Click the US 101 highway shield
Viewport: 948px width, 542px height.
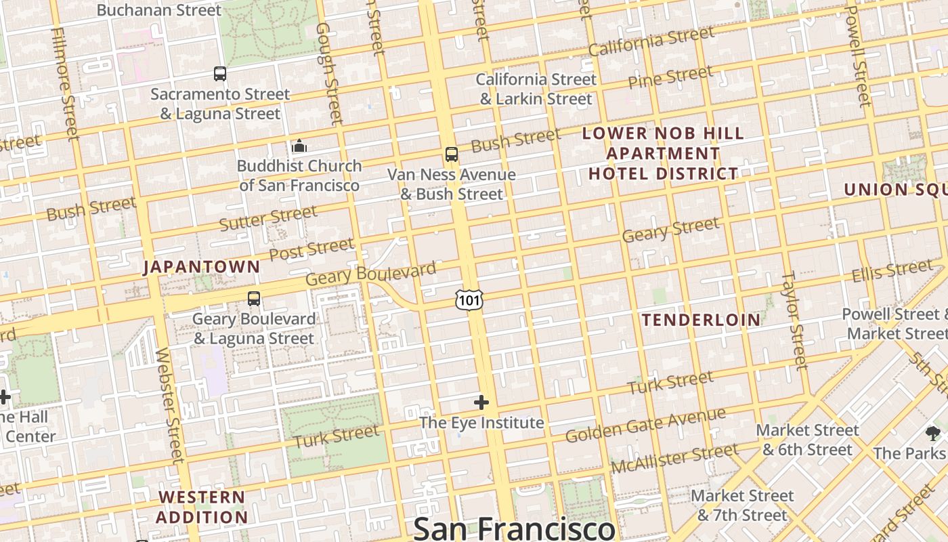click(x=469, y=299)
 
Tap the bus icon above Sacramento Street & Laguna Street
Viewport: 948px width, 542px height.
click(x=220, y=74)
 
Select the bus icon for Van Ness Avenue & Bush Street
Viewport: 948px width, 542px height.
click(x=452, y=154)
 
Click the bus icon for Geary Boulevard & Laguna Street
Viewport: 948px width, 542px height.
click(x=254, y=298)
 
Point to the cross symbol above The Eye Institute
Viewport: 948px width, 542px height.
click(x=481, y=403)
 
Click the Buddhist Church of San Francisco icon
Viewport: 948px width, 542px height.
click(x=299, y=146)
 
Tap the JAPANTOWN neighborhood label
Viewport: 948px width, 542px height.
click(x=202, y=267)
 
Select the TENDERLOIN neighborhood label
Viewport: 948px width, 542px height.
click(x=701, y=320)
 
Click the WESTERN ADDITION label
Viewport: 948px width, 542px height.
click(x=202, y=507)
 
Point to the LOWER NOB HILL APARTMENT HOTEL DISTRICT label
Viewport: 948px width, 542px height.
click(x=663, y=153)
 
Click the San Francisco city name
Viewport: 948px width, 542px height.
click(x=514, y=528)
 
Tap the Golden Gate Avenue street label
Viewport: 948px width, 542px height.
click(x=645, y=425)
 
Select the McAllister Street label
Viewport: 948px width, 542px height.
click(x=674, y=459)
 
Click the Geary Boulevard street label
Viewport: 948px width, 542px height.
click(x=371, y=274)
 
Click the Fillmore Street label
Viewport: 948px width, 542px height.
click(x=66, y=85)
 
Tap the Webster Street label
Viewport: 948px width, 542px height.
click(x=169, y=404)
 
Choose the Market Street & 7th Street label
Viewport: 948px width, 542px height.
click(x=742, y=505)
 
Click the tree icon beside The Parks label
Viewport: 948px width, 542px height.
click(x=933, y=434)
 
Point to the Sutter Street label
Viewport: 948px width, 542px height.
click(x=268, y=218)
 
